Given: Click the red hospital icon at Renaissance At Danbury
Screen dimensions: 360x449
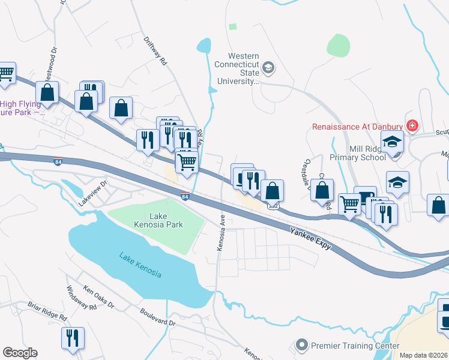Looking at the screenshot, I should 412,126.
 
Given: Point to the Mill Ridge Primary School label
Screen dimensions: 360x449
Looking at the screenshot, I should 358,152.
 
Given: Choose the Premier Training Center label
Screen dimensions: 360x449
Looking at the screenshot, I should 355,346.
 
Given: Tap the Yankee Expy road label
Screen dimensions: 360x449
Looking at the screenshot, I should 310,239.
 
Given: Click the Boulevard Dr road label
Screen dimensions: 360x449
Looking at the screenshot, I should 157,317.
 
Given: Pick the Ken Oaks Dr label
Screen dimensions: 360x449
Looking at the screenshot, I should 98,296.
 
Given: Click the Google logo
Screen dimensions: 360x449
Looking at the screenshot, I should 20,353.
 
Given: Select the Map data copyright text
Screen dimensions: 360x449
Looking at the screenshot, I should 423,355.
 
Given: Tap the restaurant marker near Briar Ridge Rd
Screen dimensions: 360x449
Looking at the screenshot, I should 73,338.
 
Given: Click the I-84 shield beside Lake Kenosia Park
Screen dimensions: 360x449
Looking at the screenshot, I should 185,196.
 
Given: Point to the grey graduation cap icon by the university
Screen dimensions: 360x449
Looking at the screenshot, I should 268,67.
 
